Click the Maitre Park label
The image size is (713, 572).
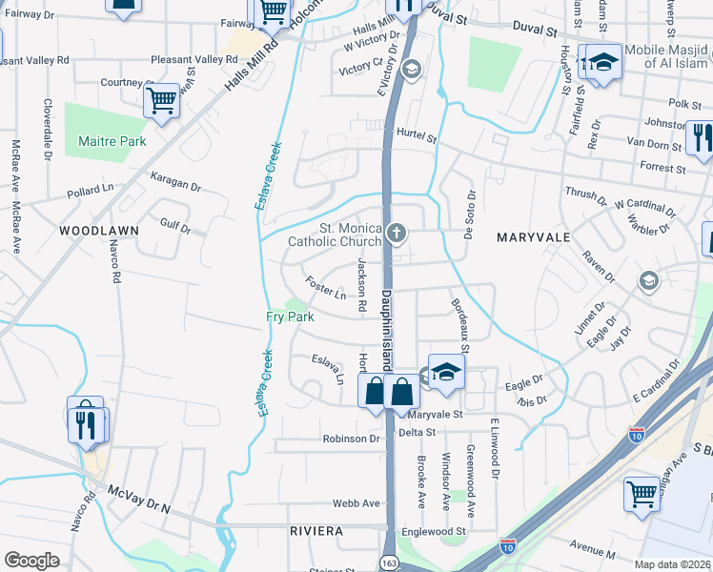112,141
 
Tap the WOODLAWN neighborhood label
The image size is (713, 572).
99,231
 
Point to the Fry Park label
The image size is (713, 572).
283,317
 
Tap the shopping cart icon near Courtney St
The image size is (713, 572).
162,99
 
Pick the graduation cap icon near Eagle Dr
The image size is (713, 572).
445,372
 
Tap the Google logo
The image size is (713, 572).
31,561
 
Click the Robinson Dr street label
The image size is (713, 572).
351,439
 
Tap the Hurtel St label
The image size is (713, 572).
416,138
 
